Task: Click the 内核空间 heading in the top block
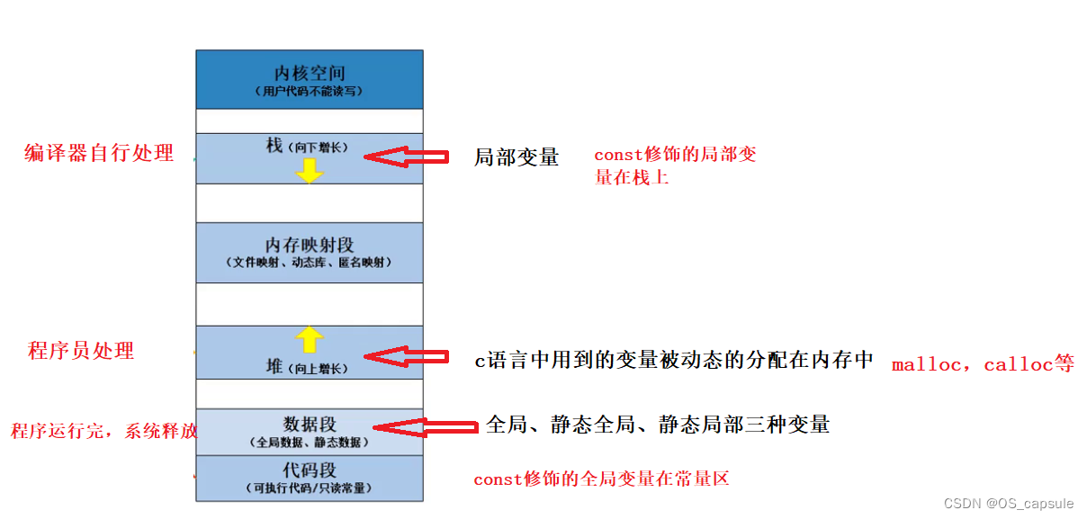click(x=309, y=73)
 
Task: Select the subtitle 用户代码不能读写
click(x=309, y=92)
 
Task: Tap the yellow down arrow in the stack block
click(x=310, y=170)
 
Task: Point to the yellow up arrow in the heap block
click(x=310, y=339)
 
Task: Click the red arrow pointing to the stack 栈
click(x=406, y=157)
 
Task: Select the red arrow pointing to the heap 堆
click(x=406, y=358)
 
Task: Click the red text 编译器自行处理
click(x=99, y=153)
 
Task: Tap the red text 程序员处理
click(x=81, y=351)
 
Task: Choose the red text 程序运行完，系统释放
click(x=103, y=432)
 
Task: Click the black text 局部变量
click(x=517, y=157)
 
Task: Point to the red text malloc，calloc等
click(x=983, y=364)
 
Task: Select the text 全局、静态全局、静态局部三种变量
click(x=658, y=425)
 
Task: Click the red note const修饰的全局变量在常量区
click(x=601, y=479)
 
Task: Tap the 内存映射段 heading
click(x=309, y=245)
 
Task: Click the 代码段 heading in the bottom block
click(x=309, y=470)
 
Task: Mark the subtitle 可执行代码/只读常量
click(x=309, y=488)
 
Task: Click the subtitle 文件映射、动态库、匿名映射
click(x=309, y=263)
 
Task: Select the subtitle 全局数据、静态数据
click(x=309, y=442)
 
